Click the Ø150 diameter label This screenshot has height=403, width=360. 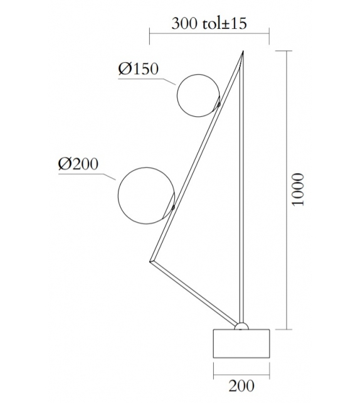[x=139, y=69]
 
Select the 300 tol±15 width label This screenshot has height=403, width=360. [x=209, y=24]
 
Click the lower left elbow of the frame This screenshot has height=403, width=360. [x=151, y=261]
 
